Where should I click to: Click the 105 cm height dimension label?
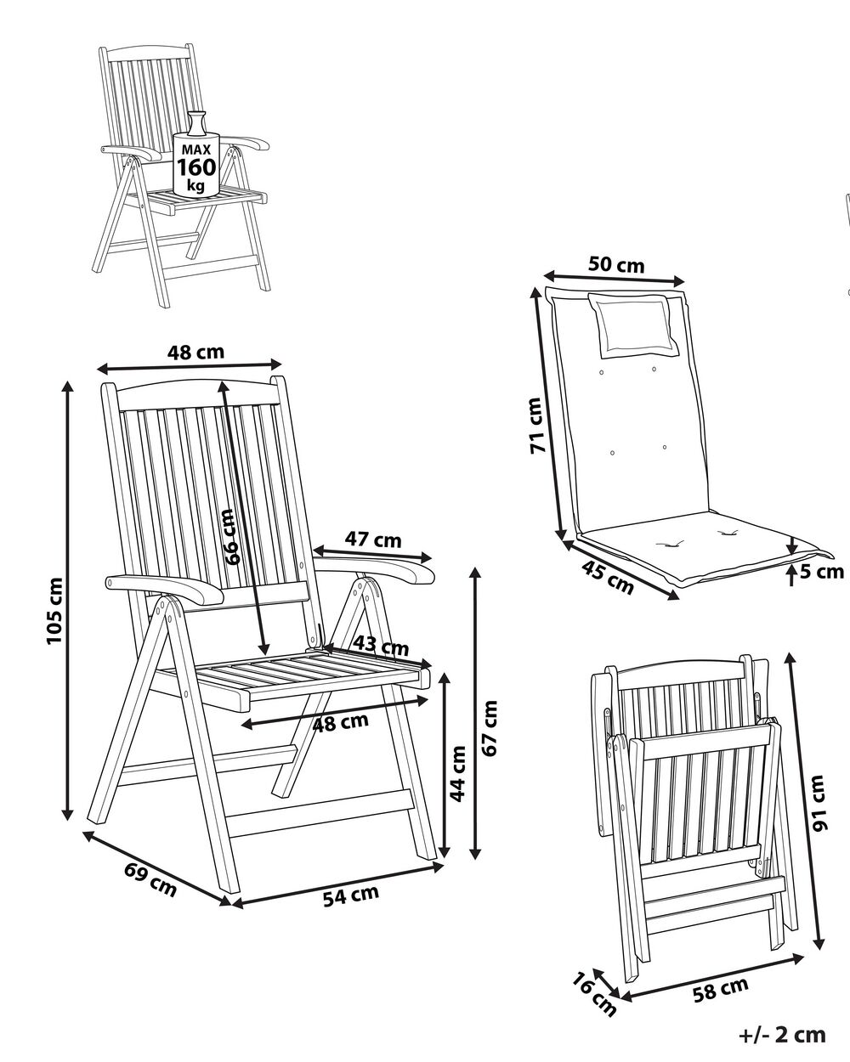pos(54,610)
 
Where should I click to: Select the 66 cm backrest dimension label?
pos(230,536)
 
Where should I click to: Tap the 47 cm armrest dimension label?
pos(372,539)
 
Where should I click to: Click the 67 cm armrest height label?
pos(490,727)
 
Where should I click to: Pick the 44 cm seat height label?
pos(457,774)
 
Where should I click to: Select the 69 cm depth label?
pos(150,879)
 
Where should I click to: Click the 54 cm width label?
pos(350,895)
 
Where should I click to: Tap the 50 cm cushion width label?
pos(616,264)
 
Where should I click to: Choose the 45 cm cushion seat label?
pos(608,578)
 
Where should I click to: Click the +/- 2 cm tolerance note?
pos(782,1034)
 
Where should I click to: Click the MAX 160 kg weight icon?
pos(196,161)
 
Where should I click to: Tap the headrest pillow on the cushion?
pos(635,325)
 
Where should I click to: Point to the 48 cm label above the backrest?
pos(195,352)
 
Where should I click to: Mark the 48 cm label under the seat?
pos(340,722)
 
